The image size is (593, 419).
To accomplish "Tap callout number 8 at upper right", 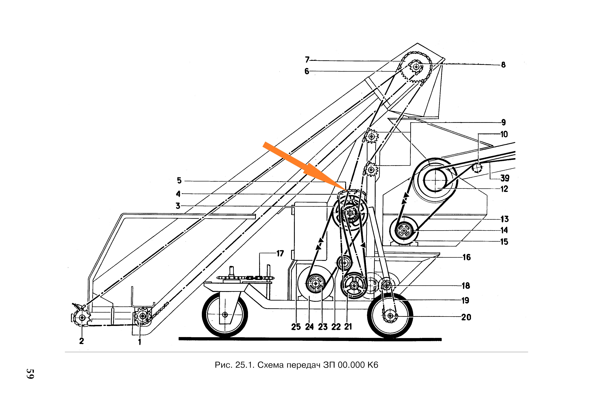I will tap(503, 65).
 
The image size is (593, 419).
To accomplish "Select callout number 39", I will tap(504, 178).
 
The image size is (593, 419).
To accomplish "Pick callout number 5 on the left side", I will tap(179, 180).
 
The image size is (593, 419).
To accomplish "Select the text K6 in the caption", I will tap(372, 365).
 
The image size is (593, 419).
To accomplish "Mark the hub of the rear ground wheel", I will tap(390, 315).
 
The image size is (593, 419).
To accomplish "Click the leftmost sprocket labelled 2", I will tap(82, 317).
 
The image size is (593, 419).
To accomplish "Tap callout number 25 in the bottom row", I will tap(296, 327).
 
